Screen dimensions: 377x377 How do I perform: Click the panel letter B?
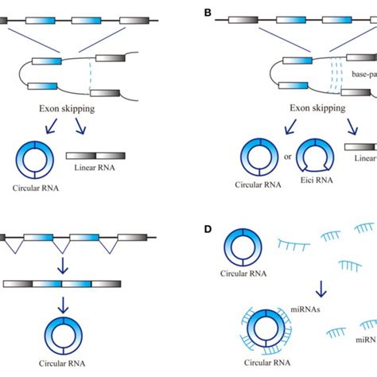click(208, 13)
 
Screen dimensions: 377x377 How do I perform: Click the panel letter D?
click(208, 229)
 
